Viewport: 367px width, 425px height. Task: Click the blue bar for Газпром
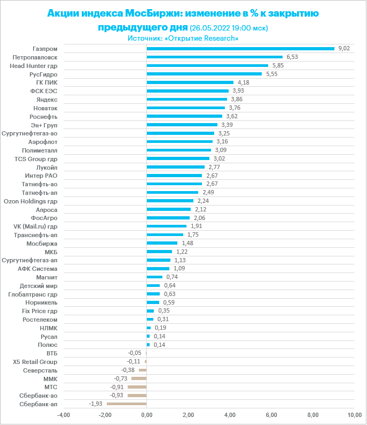pos(240,49)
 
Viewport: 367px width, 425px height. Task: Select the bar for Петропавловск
pos(215,57)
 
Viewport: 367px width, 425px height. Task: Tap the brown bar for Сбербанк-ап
pos(127,404)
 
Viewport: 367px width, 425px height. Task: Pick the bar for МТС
pos(137,387)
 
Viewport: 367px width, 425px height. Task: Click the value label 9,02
pos(344,49)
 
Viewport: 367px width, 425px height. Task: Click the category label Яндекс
pos(47,100)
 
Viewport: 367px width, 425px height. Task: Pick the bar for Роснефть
pos(184,116)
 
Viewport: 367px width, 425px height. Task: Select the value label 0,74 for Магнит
pos(172,277)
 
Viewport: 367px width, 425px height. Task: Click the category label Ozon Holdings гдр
pos(30,201)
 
